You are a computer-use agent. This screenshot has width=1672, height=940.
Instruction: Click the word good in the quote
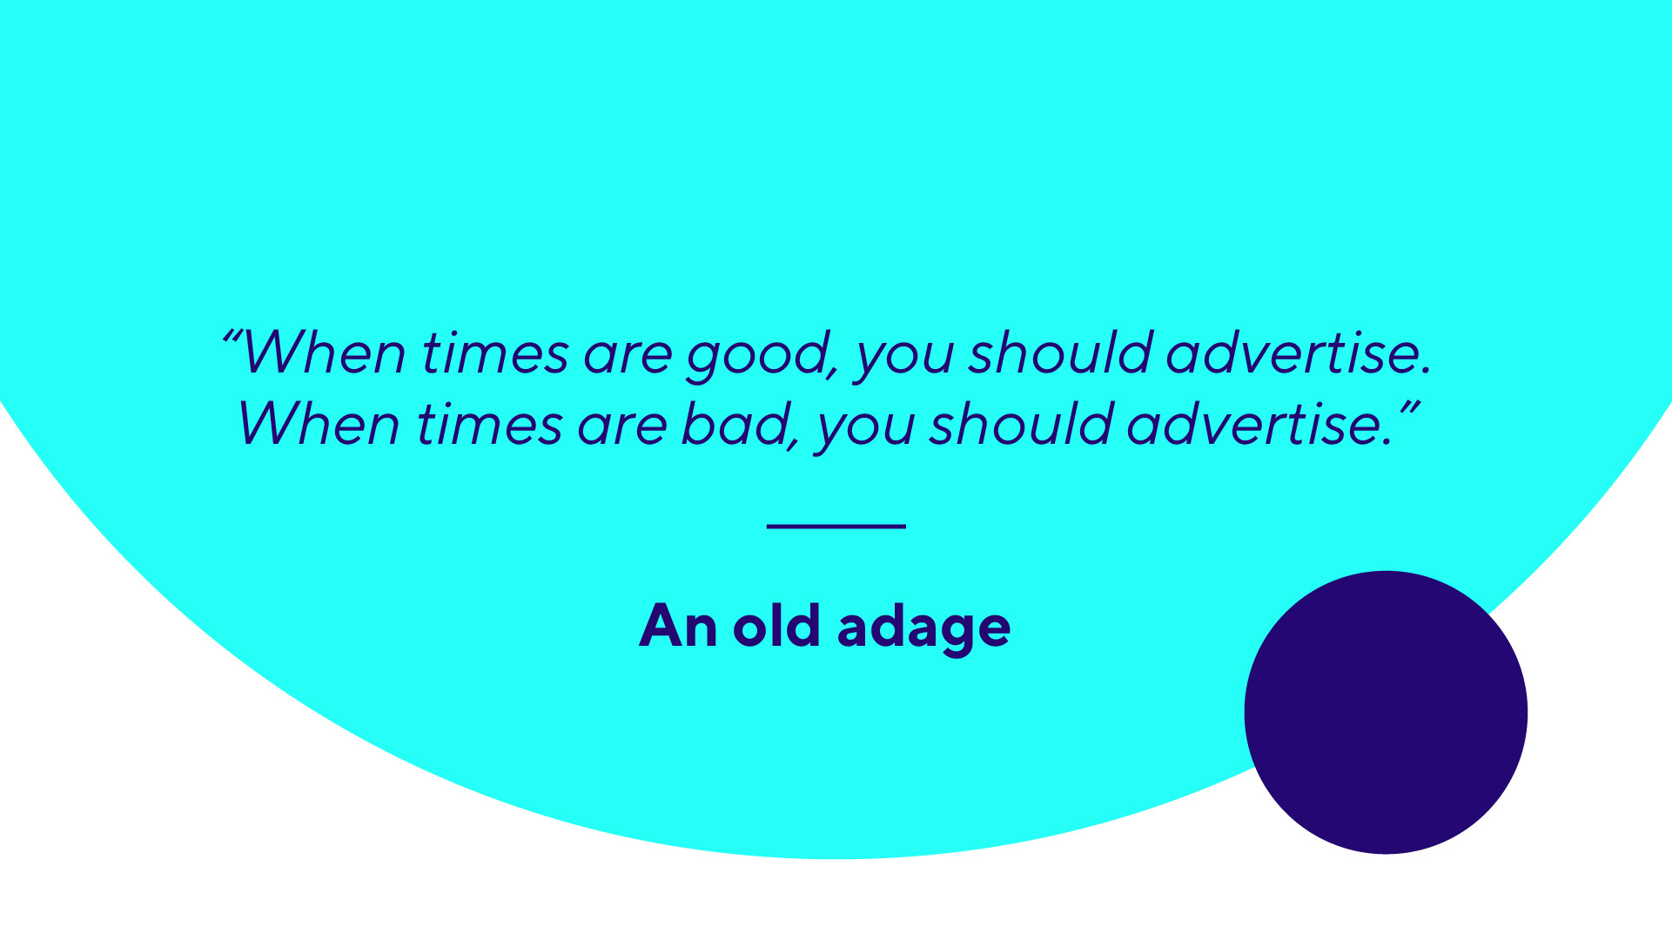(x=755, y=356)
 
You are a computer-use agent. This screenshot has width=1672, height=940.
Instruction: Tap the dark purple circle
(x=1386, y=712)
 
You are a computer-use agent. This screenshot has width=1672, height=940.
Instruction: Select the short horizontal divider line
(x=836, y=526)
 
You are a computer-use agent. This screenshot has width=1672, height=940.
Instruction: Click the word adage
(x=923, y=628)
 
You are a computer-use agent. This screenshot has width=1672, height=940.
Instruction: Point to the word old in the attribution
(x=776, y=624)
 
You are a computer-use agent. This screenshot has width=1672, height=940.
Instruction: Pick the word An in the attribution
(x=679, y=625)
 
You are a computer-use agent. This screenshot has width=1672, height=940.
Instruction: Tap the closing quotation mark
(x=1409, y=407)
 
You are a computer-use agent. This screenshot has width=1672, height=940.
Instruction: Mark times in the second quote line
(x=490, y=425)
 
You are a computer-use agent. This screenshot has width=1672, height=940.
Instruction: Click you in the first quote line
(x=904, y=361)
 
